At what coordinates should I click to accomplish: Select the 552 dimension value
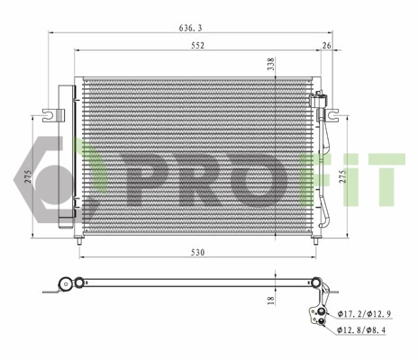click(197, 45)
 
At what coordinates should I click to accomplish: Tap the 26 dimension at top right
click(325, 45)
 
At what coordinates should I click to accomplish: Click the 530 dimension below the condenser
click(197, 253)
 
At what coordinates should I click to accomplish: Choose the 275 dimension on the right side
click(342, 178)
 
